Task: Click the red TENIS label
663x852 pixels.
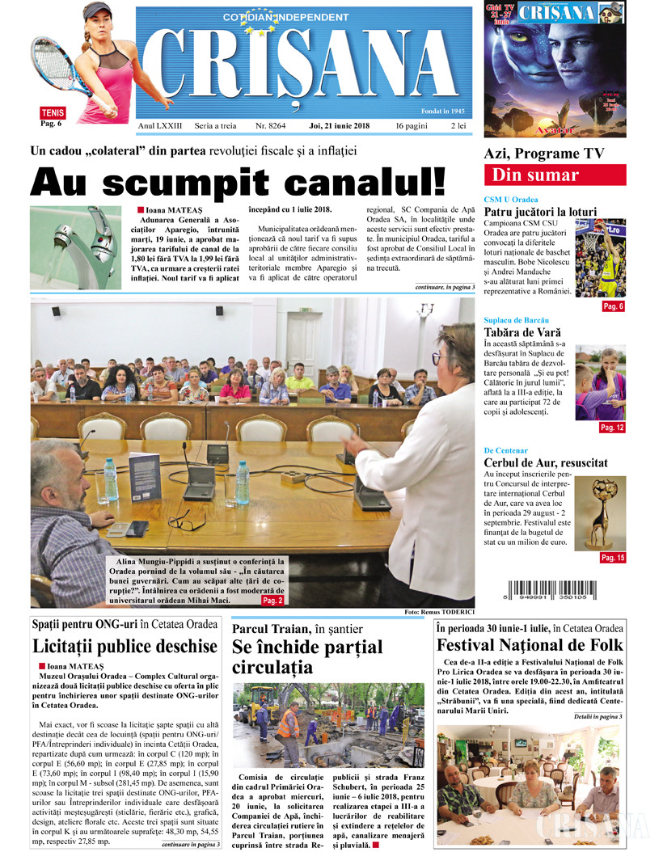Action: point(53,113)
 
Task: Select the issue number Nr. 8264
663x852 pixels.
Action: point(271,126)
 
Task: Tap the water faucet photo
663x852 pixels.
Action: point(76,235)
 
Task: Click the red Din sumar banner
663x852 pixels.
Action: point(554,175)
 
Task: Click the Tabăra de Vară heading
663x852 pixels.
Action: point(522,331)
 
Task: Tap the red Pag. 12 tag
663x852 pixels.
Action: point(612,427)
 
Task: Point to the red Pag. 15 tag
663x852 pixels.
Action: point(612,558)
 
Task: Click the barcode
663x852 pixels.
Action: point(566,593)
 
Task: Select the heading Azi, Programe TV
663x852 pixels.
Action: point(543,154)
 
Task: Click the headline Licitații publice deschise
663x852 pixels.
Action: point(125,646)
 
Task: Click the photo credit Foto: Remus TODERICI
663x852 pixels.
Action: point(437,613)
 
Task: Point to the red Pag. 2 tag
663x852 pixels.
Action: point(272,601)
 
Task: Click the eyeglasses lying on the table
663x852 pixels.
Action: point(183,521)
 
